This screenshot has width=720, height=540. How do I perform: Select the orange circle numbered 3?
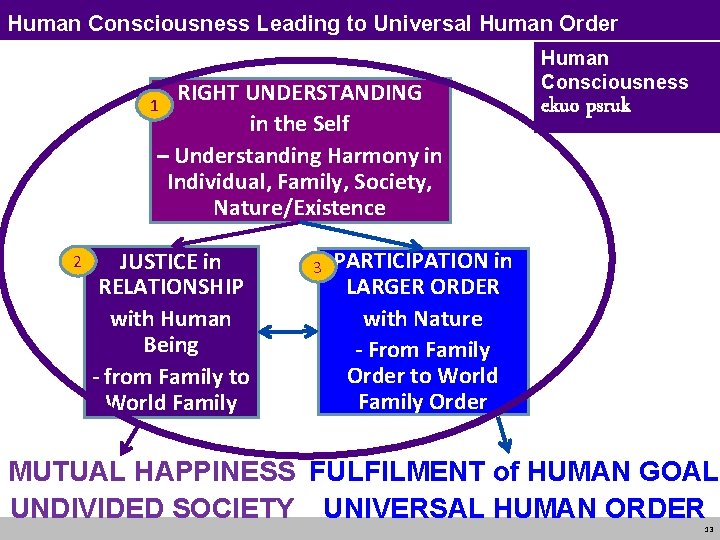pyautogui.click(x=317, y=267)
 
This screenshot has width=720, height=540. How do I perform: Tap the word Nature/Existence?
pyautogui.click(x=299, y=208)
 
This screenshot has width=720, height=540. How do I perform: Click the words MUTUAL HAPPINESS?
pyautogui.click(x=152, y=472)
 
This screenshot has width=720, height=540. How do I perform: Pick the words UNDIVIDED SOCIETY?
pyautogui.click(x=152, y=507)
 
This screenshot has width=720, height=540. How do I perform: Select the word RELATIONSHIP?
pyautogui.click(x=171, y=287)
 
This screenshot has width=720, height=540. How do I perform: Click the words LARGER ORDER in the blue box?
pyautogui.click(x=422, y=287)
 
